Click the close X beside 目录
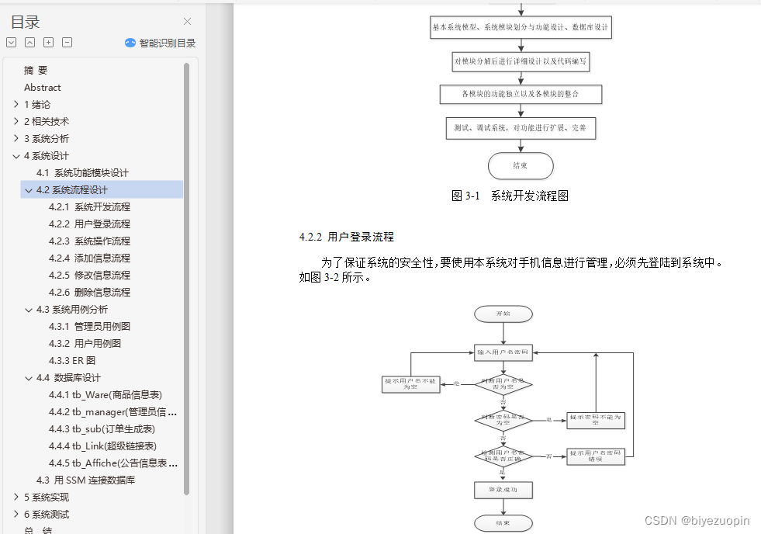tap(187, 22)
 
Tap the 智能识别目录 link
tap(161, 43)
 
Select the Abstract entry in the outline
tap(43, 88)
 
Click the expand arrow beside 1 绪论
tap(16, 104)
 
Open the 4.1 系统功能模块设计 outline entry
tap(83, 173)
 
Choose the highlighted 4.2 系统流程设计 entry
tap(72, 190)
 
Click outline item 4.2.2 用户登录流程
tap(89, 224)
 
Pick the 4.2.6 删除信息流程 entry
tap(89, 293)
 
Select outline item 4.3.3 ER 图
tap(72, 361)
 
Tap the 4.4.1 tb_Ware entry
tap(106, 395)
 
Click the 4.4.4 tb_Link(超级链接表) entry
tap(102, 446)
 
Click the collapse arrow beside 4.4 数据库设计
tap(29, 378)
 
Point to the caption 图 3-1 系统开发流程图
tap(510, 196)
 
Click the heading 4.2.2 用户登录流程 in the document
tap(347, 238)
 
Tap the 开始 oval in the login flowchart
tap(503, 314)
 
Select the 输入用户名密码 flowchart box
tap(503, 352)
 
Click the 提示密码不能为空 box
tap(595, 420)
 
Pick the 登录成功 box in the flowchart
tap(503, 490)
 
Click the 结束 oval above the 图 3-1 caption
tap(521, 165)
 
